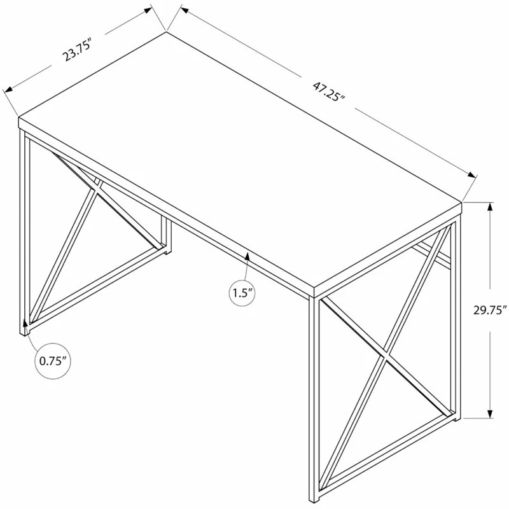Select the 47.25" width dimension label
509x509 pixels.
click(x=328, y=91)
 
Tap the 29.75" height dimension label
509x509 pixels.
click(x=490, y=310)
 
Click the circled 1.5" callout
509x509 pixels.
click(x=242, y=293)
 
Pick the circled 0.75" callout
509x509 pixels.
click(x=53, y=361)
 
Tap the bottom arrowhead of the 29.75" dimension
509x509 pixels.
click(x=490, y=412)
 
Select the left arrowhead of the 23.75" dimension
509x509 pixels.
click(x=8, y=88)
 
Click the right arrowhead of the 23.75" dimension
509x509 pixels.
click(x=148, y=10)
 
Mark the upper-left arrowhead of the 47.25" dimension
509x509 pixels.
click(x=184, y=10)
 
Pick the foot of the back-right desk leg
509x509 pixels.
click(x=457, y=418)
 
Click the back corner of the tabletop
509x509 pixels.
click(x=166, y=31)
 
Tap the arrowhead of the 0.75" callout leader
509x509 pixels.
click(x=25, y=324)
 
